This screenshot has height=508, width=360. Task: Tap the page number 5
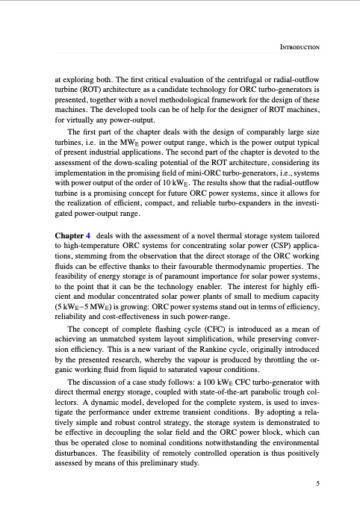(x=319, y=483)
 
